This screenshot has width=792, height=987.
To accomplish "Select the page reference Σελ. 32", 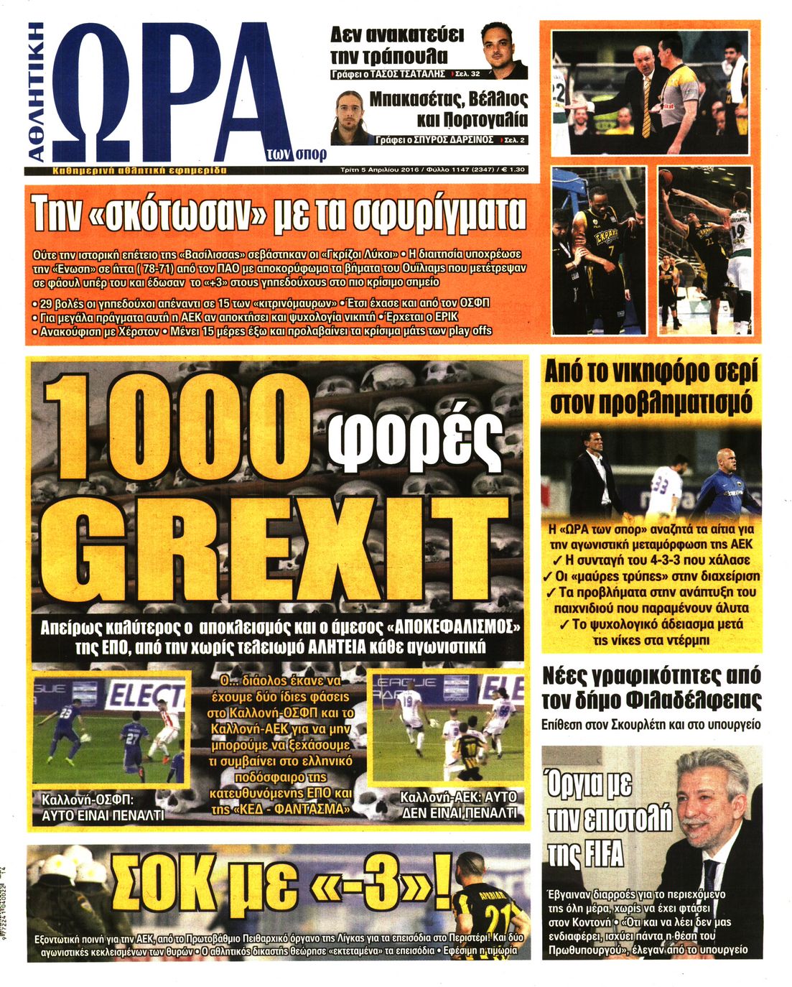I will pos(468,74).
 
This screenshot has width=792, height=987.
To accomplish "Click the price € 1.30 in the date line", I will pos(513,171).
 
